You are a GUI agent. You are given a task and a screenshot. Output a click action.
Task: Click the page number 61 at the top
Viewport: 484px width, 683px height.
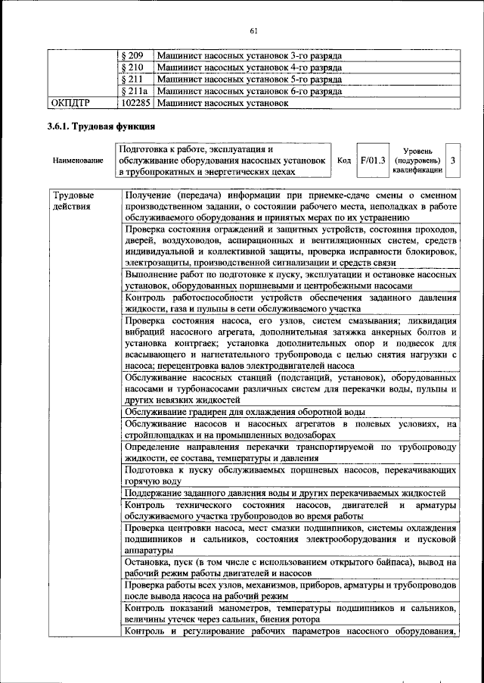click(x=253, y=30)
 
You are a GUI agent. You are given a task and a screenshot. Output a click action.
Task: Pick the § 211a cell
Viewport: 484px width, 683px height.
click(x=135, y=90)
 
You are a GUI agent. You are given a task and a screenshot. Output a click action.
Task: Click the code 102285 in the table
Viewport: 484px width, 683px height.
click(x=136, y=101)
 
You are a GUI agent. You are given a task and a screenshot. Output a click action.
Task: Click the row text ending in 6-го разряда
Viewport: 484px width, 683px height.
click(x=250, y=90)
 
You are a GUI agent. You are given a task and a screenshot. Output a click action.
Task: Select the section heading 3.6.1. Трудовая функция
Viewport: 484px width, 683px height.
click(x=101, y=126)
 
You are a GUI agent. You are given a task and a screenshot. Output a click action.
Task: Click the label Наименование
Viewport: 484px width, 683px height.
click(x=78, y=161)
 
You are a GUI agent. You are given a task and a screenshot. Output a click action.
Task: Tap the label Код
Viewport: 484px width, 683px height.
click(x=344, y=161)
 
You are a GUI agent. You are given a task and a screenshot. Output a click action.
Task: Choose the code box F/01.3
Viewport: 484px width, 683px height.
click(x=373, y=161)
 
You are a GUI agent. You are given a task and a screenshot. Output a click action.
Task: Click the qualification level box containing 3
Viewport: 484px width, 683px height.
click(x=452, y=161)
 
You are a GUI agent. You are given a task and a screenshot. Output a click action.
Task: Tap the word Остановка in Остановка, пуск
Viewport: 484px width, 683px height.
click(x=150, y=564)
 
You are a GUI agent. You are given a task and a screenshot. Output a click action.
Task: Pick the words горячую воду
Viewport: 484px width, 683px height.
click(x=153, y=482)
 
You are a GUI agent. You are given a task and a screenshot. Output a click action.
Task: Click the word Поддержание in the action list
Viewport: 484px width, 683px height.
click(x=154, y=494)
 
